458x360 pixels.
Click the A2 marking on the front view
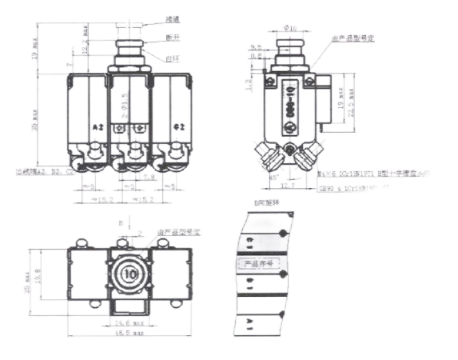pyautogui.click(x=98, y=127)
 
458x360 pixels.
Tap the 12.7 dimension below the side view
pyautogui.click(x=287, y=184)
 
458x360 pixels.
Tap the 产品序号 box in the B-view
pyautogui.click(x=258, y=263)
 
